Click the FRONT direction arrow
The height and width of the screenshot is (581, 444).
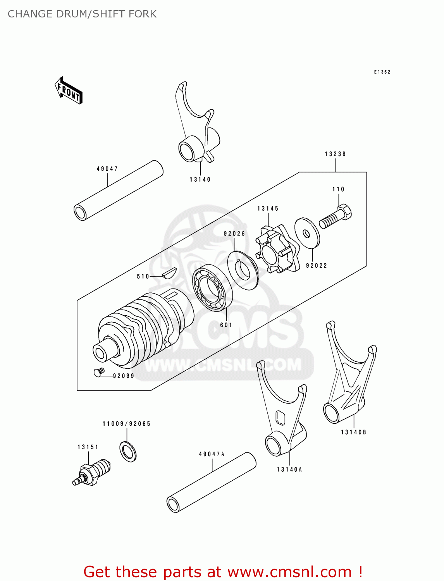69,91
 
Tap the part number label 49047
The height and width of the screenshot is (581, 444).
107,169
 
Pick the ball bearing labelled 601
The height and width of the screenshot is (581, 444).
212,288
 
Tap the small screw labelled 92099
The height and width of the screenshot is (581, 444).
99,372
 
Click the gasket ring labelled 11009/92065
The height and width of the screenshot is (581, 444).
128,451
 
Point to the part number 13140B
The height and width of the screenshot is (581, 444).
353,432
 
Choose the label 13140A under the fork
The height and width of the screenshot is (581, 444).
289,469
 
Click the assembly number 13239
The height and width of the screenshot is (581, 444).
335,154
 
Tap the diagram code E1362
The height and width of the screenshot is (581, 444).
382,72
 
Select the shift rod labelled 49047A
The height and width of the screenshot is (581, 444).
212,482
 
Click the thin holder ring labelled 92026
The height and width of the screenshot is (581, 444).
243,270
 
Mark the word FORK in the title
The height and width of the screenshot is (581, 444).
143,14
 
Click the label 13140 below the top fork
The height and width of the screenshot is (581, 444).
200,180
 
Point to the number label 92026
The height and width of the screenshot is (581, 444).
234,234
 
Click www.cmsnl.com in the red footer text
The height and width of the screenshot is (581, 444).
289,572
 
